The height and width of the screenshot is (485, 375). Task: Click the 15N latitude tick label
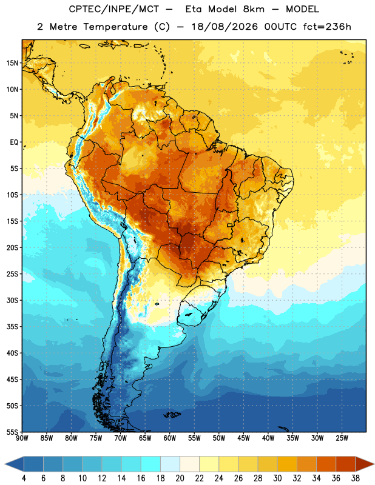12,63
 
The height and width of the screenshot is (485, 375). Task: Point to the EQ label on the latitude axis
14,142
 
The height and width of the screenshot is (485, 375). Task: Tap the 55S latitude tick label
12,432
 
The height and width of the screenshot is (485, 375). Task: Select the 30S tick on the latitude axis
12,300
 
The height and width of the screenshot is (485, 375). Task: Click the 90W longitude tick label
22,438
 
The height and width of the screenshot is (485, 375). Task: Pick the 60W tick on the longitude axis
170,438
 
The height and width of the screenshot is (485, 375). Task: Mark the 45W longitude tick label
243,438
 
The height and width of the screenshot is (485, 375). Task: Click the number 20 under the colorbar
180,478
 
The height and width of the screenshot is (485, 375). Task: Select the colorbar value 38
356,478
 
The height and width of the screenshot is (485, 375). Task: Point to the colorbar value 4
24,478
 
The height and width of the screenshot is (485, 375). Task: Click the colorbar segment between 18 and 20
170,464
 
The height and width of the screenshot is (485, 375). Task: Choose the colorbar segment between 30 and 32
287,464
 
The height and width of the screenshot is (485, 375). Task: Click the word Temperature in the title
115,27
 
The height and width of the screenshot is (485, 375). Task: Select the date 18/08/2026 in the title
225,27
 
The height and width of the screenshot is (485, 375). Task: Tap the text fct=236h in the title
327,27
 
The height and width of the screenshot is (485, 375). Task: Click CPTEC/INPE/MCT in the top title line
114,9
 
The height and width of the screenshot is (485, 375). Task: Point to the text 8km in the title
254,9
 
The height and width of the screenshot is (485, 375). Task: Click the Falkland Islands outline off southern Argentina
172,415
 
